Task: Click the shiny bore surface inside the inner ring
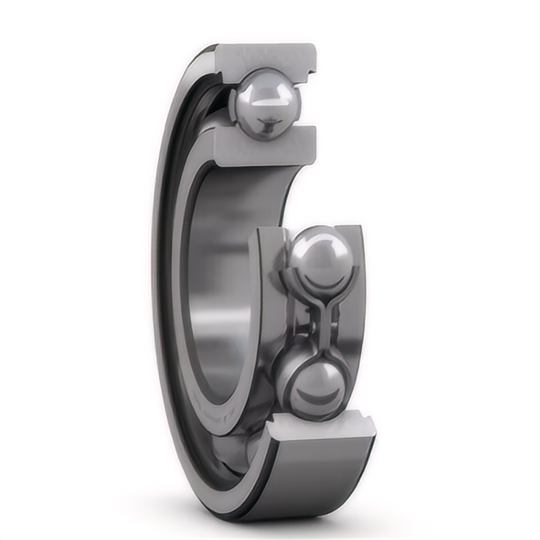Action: click(x=222, y=296)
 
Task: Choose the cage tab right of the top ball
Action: click(x=297, y=104)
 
